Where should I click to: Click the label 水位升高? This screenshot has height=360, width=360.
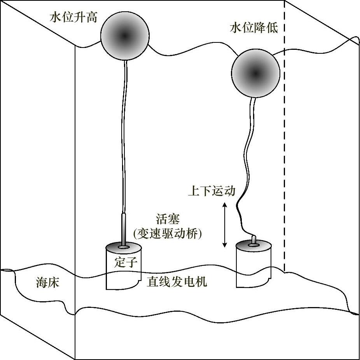[73, 18]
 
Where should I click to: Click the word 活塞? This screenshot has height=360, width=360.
[168, 219]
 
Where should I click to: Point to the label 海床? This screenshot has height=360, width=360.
[47, 283]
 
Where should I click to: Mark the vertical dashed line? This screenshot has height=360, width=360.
[285, 156]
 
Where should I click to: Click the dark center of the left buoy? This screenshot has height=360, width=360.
[124, 36]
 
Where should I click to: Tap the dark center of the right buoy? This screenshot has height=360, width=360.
[255, 73]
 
